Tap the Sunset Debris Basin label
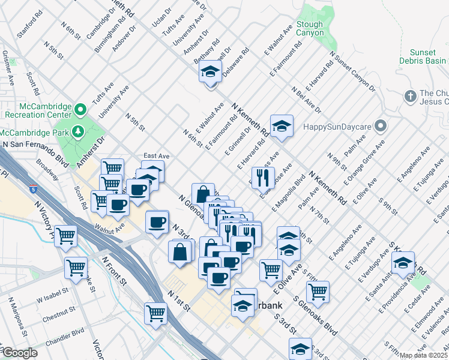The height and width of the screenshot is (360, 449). [x=423, y=57]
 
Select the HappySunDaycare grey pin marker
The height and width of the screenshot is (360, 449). [x=380, y=127]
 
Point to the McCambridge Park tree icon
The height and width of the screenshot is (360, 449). [x=77, y=131]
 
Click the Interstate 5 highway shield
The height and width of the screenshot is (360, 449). [x=32, y=189]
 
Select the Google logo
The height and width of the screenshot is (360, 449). [x=19, y=353]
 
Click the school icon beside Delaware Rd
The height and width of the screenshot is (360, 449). [x=211, y=73]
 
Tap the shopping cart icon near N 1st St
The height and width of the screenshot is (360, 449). [x=155, y=313]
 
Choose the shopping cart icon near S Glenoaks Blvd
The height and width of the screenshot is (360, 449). [x=317, y=292]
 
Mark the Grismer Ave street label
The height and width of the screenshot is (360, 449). [x=9, y=65]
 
